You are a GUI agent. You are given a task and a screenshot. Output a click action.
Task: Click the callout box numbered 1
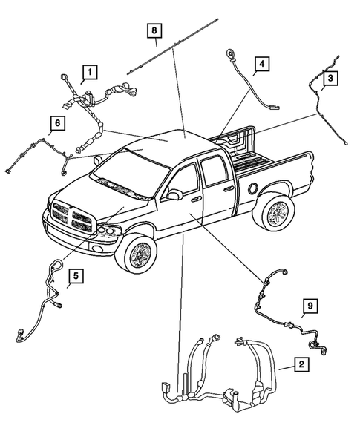pyautogui.click(x=90, y=72)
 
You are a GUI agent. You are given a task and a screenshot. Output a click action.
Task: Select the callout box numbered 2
pyautogui.click(x=302, y=364)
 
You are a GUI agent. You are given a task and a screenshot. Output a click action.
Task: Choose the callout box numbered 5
pyautogui.click(x=76, y=278)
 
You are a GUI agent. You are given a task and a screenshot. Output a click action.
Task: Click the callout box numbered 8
pyautogui.click(x=154, y=30)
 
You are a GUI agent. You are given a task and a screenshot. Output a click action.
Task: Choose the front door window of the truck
pyautogui.click(x=186, y=179)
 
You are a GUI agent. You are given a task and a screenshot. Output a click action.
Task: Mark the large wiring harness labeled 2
pyautogui.click(x=223, y=371)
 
